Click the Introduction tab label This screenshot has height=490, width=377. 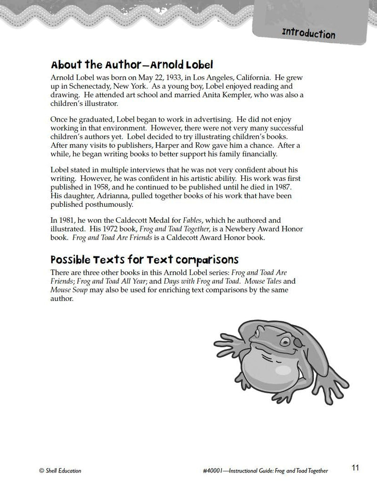click(x=308, y=34)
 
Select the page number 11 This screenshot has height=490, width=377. click(x=355, y=467)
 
